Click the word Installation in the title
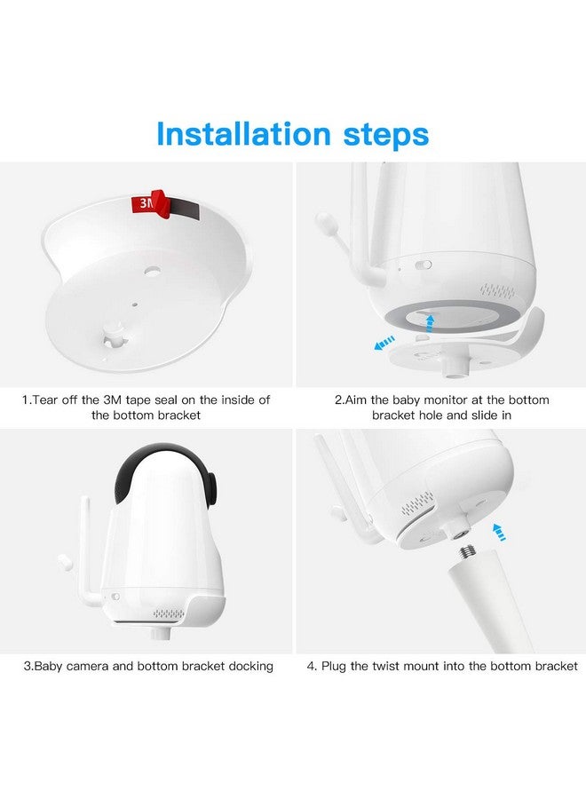pyautogui.click(x=243, y=134)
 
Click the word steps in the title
pyautogui.click(x=386, y=136)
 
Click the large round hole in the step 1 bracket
pyautogui.click(x=151, y=271)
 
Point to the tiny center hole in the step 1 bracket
pyautogui.click(x=135, y=305)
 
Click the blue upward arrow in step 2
pyautogui.click(x=431, y=323)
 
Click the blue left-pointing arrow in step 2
pyautogui.click(x=384, y=343)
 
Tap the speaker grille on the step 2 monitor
pyautogui.click(x=498, y=291)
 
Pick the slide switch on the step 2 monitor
pyautogui.click(x=424, y=265)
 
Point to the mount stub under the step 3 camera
pyautogui.click(x=161, y=634)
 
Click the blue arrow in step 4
pyautogui.click(x=499, y=531)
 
